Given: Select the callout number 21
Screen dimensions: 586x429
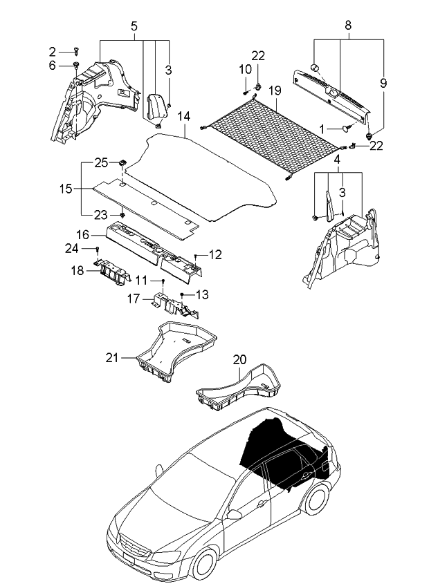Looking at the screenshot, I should click(112, 357).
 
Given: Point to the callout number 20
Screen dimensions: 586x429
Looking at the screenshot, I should click(239, 359).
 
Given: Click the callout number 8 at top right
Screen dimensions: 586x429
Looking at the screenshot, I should click(348, 25).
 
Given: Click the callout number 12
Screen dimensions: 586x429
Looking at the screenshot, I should click(215, 255).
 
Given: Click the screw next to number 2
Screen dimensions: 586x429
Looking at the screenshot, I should click(76, 51).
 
